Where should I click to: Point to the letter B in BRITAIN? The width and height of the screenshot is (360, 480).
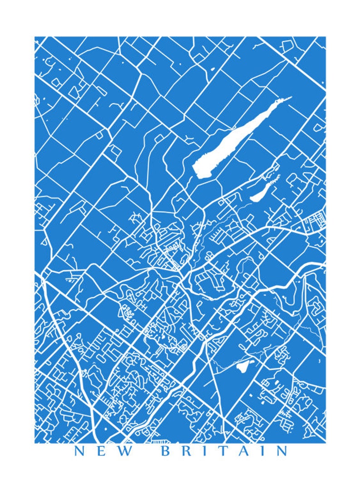point(166,451)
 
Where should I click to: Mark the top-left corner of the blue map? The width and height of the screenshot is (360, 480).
point(35,37)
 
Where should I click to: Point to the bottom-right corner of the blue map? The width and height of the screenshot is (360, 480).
point(325,442)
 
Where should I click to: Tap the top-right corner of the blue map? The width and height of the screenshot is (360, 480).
point(325,37)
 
